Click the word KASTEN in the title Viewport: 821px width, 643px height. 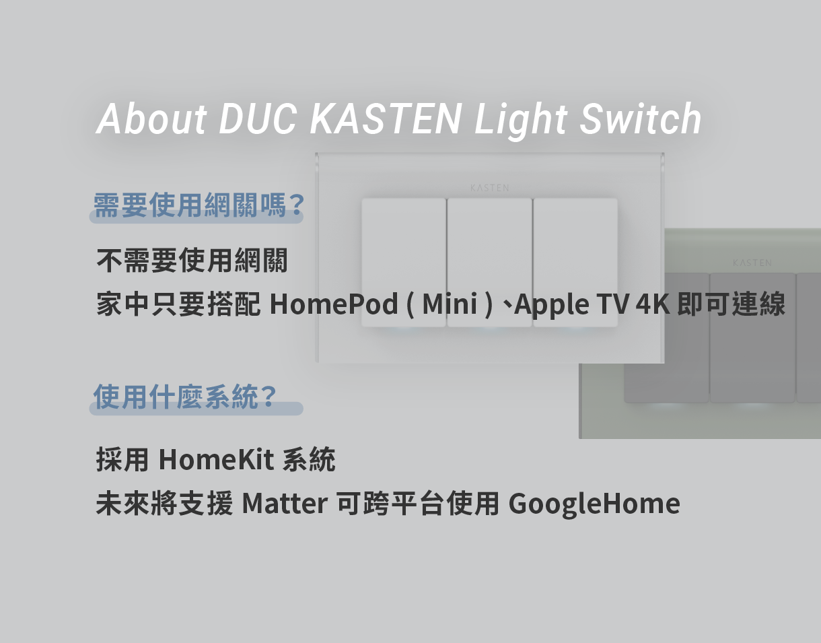[x=386, y=119]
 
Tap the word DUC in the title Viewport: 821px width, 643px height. [x=258, y=119]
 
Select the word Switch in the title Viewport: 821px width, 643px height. [x=641, y=119]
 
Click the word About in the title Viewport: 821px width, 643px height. [x=151, y=118]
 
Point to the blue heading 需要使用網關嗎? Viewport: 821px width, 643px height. [x=199, y=205]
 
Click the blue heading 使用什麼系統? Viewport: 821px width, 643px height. [x=185, y=397]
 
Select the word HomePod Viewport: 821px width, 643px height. [x=334, y=304]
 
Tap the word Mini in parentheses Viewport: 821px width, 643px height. [x=450, y=304]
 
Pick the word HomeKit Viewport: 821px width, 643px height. [x=216, y=460]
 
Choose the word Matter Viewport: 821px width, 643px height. [x=285, y=504]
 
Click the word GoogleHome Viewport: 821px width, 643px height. [x=594, y=504]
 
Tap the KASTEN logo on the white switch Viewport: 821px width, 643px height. [x=490, y=188]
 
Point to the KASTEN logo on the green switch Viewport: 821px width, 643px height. [x=752, y=263]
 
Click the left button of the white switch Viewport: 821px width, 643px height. [x=404, y=263]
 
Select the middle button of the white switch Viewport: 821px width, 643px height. [x=490, y=263]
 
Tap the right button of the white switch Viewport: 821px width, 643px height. [x=575, y=263]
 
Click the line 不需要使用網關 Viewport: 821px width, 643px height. [x=192, y=261]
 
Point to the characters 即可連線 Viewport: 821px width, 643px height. [x=731, y=304]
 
